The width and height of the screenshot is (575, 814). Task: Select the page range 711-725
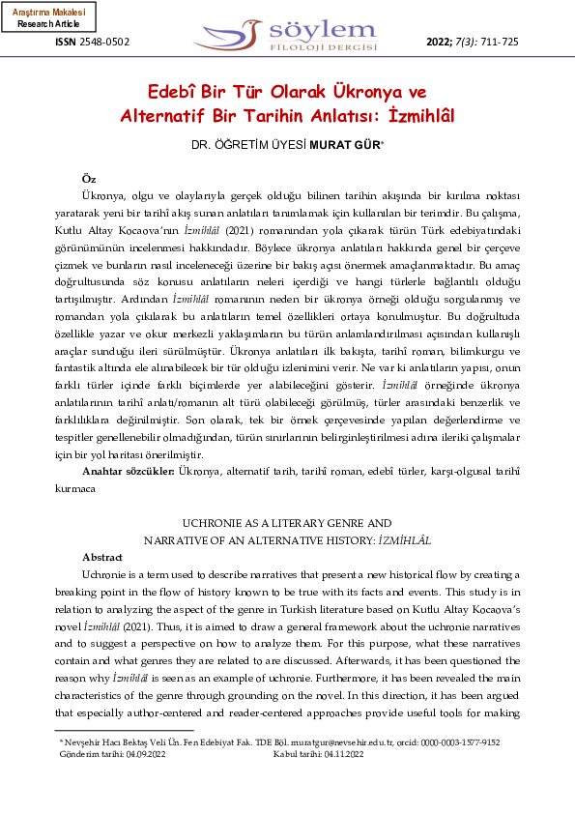click(x=499, y=42)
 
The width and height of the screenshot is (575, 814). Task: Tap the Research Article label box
click(x=48, y=16)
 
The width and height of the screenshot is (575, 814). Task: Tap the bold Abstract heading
click(x=102, y=558)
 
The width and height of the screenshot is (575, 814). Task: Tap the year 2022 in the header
click(x=441, y=42)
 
